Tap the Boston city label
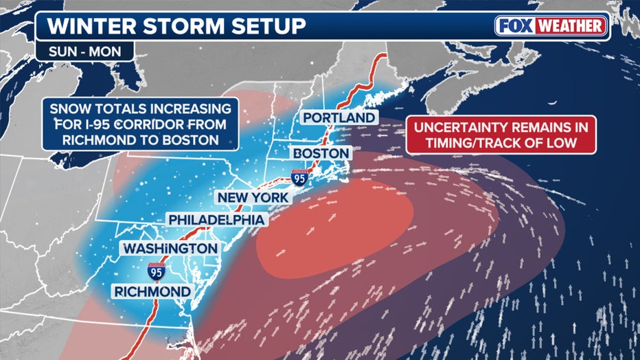(x=319, y=152)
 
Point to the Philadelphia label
(x=216, y=219)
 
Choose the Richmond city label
(x=152, y=292)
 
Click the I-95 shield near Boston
(x=299, y=176)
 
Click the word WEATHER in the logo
(x=571, y=27)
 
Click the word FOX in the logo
(x=517, y=27)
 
